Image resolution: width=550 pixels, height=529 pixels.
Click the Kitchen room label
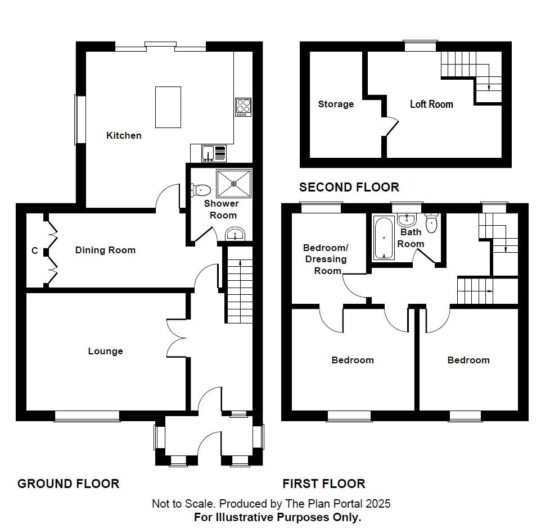pos(124,135)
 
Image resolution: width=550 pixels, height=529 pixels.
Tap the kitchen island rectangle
pos(168,107)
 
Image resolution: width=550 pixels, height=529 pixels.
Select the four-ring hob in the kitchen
pos(243,107)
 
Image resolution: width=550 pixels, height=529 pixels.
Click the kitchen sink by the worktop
pos(209,153)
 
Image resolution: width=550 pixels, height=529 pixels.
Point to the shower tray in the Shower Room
pos(233,180)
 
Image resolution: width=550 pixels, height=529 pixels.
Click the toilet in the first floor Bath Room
pos(431,224)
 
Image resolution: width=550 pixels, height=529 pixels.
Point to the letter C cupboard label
pos(35,251)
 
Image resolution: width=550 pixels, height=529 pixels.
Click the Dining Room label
pos(105,250)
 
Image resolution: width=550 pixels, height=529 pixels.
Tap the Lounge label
pos(105,351)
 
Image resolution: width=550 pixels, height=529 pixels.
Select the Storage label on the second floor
pos(336,104)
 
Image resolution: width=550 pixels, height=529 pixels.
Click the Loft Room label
pos(431,104)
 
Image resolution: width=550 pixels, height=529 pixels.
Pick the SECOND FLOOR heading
pos(349,187)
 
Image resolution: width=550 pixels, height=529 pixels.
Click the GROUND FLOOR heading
pos(68,484)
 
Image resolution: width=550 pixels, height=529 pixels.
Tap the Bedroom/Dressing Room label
pos(325,259)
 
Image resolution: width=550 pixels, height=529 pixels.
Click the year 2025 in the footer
pos(378,504)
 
